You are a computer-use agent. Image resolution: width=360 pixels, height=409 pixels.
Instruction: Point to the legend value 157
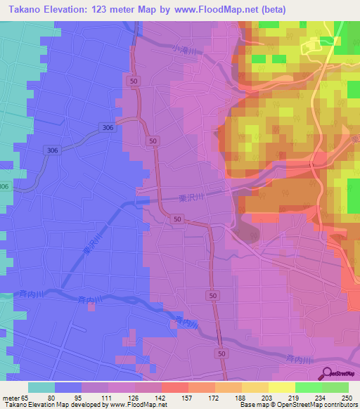[x=188, y=397]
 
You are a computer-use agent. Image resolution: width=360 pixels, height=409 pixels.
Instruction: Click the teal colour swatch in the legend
[x=41, y=387]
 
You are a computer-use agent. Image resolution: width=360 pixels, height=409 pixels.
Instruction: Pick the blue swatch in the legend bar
[x=68, y=387]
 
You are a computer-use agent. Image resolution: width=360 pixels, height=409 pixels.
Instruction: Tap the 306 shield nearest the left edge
[x=4, y=186]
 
